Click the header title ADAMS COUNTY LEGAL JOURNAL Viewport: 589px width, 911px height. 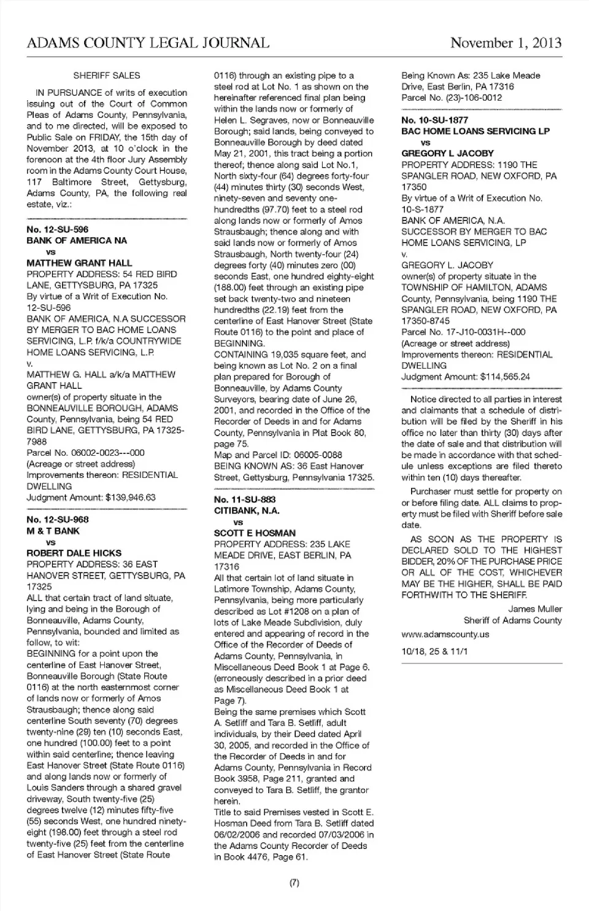(148, 43)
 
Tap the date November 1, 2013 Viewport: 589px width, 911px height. (506, 43)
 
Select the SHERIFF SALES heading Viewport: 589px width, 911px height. (107, 76)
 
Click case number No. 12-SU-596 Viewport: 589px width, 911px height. (58, 229)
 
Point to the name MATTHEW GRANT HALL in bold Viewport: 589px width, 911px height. (79, 263)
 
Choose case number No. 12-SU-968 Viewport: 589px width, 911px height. (58, 520)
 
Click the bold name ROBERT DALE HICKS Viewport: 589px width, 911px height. (74, 553)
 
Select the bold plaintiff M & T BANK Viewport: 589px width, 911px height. (53, 531)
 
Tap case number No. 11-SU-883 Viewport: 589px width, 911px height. (245, 499)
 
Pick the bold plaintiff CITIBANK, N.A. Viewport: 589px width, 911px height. (247, 510)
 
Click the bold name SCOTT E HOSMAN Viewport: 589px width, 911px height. (255, 533)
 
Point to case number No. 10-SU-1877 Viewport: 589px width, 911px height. (434, 120)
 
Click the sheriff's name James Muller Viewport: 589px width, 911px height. (535, 609)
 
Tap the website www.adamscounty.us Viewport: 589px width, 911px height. (445, 634)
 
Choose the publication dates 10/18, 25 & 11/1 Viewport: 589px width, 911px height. (434, 651)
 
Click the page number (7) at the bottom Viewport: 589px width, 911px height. (294, 883)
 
